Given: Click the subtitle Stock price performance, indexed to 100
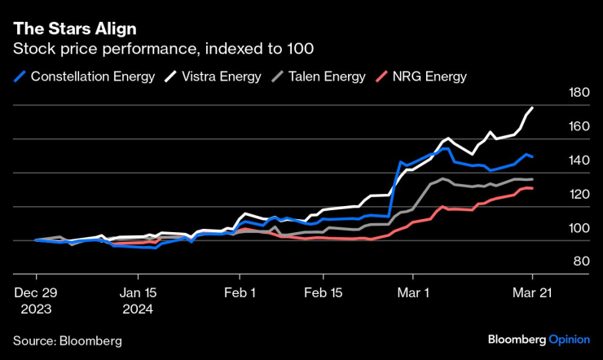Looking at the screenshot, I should [146, 50].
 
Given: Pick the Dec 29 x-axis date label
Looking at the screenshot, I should [36, 292].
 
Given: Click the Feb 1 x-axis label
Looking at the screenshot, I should [241, 292].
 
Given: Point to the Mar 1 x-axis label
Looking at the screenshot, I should [414, 292].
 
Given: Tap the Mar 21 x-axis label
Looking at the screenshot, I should [532, 292].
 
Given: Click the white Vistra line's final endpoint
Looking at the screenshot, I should [533, 108].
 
